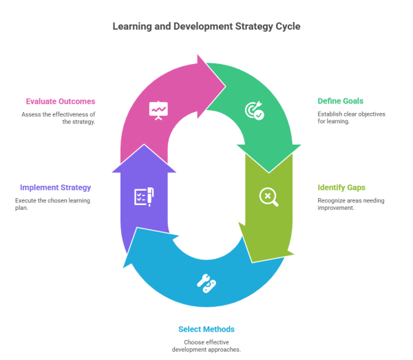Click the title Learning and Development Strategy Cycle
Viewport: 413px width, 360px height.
pyautogui.click(x=206, y=27)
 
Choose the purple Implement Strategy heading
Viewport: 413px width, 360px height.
pyautogui.click(x=55, y=187)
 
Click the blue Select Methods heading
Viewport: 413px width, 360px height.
pyautogui.click(x=206, y=329)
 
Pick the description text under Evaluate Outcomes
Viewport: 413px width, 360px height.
pyautogui.click(x=59, y=118)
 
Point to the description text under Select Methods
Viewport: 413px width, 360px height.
pyautogui.click(x=207, y=346)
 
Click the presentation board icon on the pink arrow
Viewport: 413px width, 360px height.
pyautogui.click(x=159, y=109)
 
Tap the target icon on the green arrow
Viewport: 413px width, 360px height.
pyautogui.click(x=254, y=111)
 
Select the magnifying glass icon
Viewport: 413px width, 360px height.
pyautogui.click(x=268, y=197)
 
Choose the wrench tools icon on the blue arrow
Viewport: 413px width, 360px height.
pyautogui.click(x=206, y=282)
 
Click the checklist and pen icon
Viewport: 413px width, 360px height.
pyautogui.click(x=144, y=196)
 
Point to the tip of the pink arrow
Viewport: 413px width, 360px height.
pyautogui.click(x=225, y=85)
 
